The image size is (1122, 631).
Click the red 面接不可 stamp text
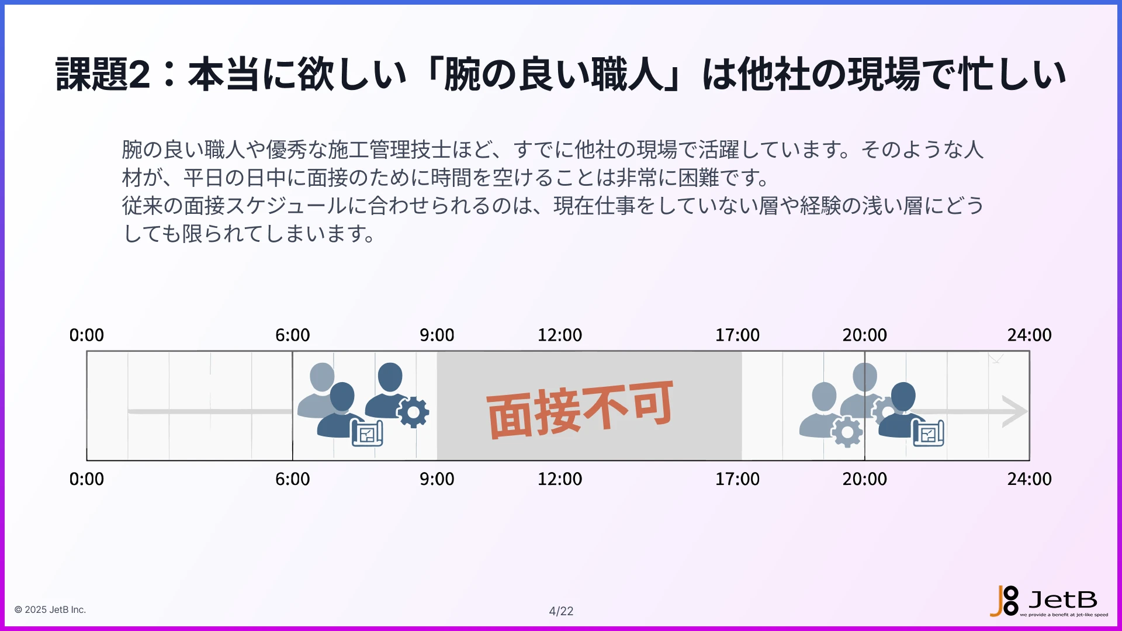click(580, 409)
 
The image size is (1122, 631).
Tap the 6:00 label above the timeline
click(292, 335)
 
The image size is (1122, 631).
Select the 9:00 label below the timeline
click(437, 479)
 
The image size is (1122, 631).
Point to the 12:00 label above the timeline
click(559, 335)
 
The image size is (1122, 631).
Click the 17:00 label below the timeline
click(737, 479)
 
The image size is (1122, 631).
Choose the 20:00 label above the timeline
click(864, 335)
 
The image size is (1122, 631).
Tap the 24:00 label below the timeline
click(1029, 479)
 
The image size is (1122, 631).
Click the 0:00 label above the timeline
click(86, 335)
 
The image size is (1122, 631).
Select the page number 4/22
click(561, 611)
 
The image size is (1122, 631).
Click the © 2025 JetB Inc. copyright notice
click(50, 609)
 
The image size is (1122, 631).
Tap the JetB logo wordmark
click(1062, 599)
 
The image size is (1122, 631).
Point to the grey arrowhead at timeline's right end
click(1014, 411)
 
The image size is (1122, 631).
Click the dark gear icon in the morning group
click(414, 412)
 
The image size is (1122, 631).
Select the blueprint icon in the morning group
click(367, 434)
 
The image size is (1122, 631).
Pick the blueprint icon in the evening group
click(928, 434)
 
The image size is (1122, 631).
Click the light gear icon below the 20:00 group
click(847, 432)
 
